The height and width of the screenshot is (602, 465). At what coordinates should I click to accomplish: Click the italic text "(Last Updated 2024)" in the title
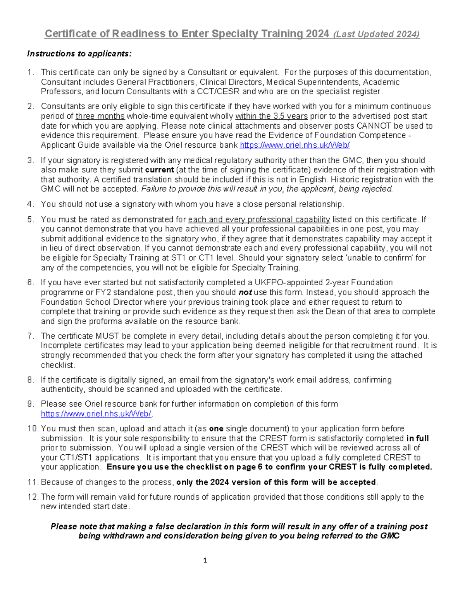point(376,34)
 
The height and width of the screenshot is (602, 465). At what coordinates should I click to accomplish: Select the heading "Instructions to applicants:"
point(79,53)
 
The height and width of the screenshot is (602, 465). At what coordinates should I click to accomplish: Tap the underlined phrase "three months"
point(100,116)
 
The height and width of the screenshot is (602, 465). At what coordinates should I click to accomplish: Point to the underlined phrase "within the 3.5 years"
point(271,116)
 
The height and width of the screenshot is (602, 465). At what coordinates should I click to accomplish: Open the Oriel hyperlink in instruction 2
point(295,145)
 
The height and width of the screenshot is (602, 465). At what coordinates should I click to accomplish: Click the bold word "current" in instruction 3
point(159,170)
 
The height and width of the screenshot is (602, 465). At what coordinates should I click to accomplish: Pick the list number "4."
point(31,204)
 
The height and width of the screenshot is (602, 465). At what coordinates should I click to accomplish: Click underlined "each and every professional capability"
point(259,219)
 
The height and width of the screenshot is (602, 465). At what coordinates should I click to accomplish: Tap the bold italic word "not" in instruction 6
point(245,292)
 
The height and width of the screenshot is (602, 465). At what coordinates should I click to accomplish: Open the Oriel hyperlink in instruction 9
point(96,414)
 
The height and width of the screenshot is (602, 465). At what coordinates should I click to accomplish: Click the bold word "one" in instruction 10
point(216,429)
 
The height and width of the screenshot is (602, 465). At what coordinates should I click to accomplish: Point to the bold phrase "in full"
point(417,438)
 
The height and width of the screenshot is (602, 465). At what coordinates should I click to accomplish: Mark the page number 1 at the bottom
point(205,560)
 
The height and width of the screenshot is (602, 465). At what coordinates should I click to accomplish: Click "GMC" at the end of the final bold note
point(390,536)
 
